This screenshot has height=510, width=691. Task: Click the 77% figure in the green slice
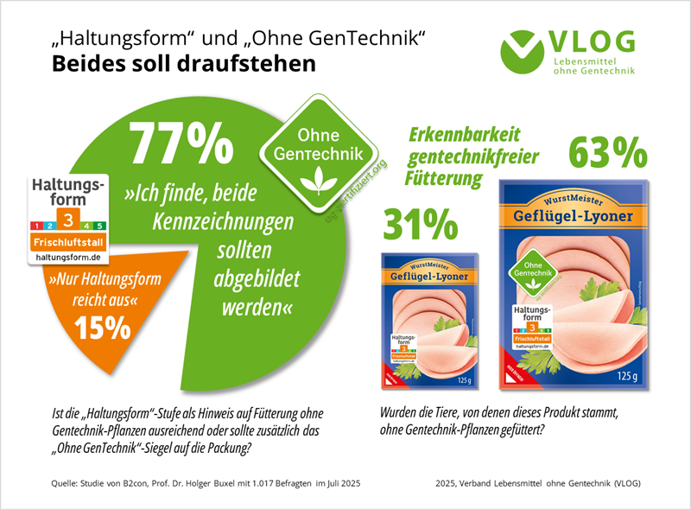(x=181, y=143)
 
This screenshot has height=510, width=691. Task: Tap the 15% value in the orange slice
(x=102, y=328)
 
